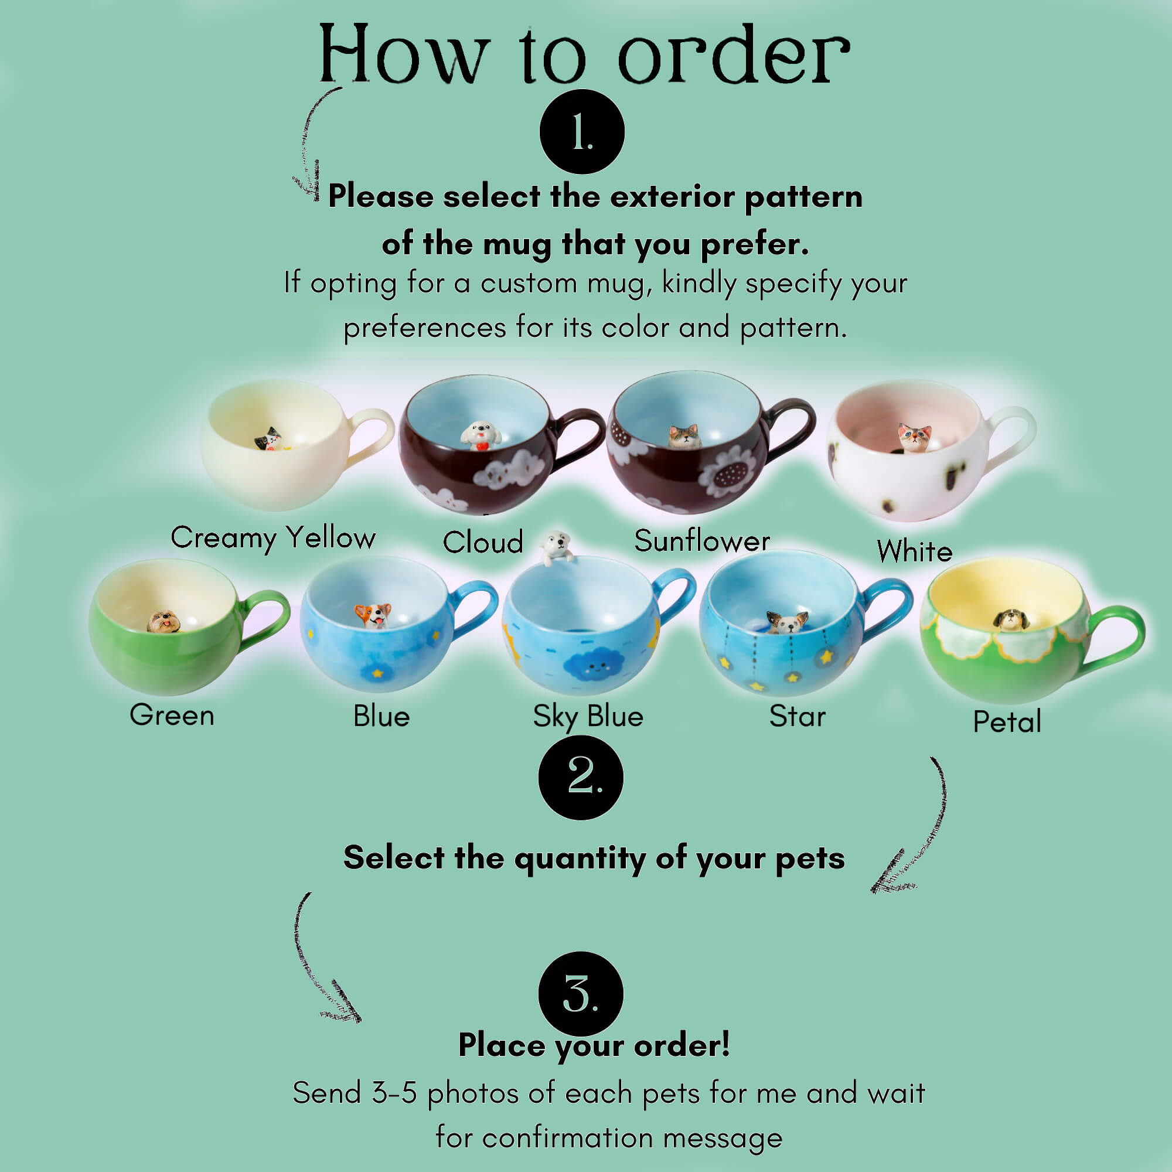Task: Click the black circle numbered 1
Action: [x=582, y=132]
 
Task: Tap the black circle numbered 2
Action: [x=581, y=778]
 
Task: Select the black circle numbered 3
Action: [x=581, y=994]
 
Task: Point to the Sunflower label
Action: [x=702, y=540]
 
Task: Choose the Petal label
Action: [x=1007, y=721]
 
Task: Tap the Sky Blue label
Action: [x=588, y=717]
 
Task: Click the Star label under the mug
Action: [x=797, y=716]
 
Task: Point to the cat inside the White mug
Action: [x=914, y=437]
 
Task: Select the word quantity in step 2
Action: [x=580, y=860]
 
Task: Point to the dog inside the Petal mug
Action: [x=1010, y=619]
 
